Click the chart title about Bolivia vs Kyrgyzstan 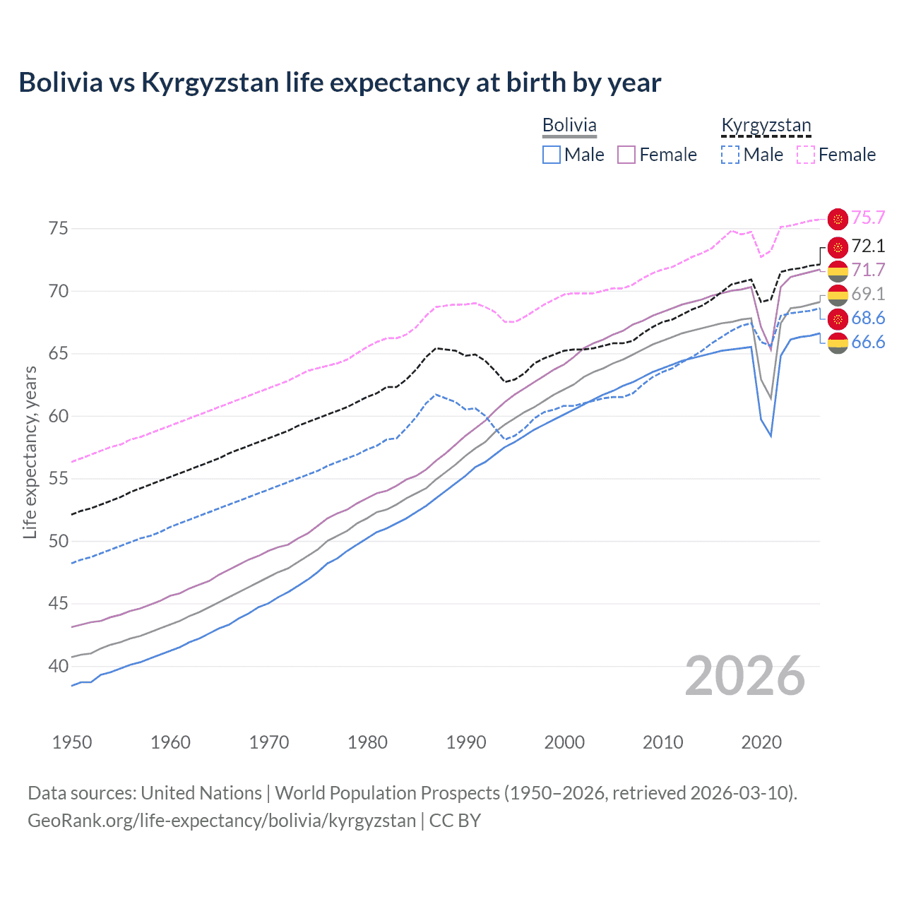340,83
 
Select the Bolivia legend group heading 569,125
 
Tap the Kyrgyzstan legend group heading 766,125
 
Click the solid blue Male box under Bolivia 552,155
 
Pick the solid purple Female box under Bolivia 626,155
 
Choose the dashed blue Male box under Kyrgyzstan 730,155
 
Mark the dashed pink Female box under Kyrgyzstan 806,155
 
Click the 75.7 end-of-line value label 868,218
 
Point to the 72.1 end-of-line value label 868,246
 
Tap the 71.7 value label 868,270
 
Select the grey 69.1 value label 868,294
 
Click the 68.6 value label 868,318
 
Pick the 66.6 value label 868,343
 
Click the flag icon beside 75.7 838,219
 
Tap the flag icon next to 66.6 838,343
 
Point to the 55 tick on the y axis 58,478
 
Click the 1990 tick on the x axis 466,742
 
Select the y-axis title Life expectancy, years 30,452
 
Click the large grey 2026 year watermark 745,676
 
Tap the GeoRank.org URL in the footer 222,821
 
